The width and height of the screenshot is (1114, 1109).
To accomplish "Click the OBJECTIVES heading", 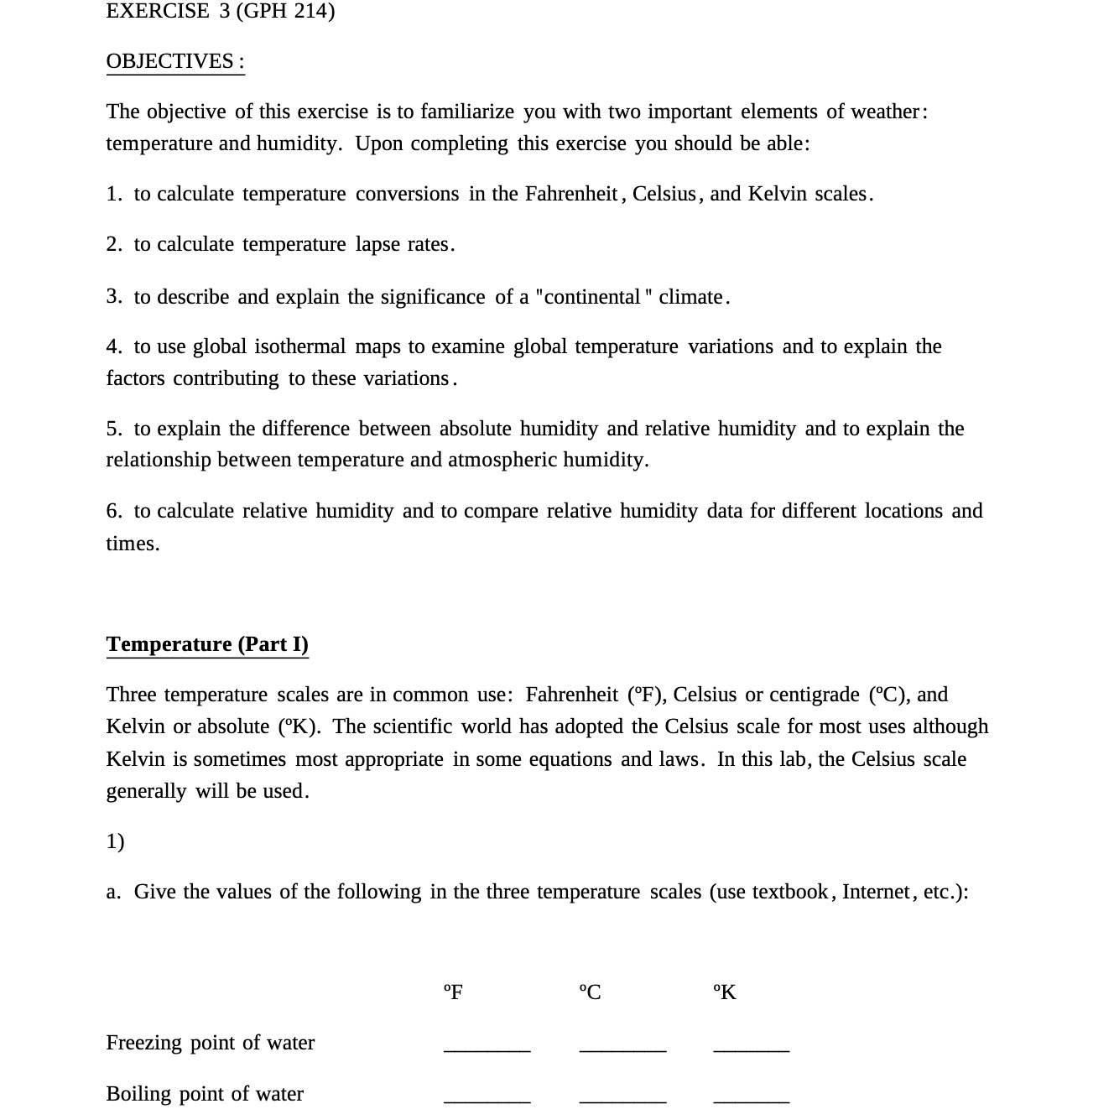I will click(174, 61).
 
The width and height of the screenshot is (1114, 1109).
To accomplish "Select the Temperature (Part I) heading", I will click(207, 644).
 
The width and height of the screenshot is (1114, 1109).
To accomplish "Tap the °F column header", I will click(453, 992).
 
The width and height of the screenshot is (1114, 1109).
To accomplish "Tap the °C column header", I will click(590, 992).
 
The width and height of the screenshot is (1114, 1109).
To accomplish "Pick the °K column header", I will click(724, 992).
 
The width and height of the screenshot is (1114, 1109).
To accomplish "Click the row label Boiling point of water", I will click(205, 1094).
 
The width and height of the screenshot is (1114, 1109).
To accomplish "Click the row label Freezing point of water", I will click(210, 1043).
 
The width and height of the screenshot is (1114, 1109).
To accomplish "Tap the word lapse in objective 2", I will click(377, 244).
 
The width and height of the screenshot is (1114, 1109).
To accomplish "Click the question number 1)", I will click(115, 841).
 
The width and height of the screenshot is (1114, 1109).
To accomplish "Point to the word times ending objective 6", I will click(132, 544).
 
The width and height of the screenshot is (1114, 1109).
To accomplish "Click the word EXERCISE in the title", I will click(158, 11).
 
